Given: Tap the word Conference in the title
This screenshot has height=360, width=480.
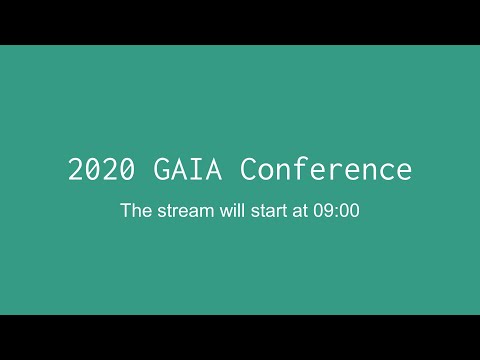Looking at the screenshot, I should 326,169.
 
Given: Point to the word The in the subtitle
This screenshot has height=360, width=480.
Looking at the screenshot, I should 134,212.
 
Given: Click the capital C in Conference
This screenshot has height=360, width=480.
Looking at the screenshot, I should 249,169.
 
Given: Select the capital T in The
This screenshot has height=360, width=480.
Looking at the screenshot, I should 125,212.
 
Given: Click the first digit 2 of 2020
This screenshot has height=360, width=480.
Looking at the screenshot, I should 75,169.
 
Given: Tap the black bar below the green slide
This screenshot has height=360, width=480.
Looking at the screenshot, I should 240,337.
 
